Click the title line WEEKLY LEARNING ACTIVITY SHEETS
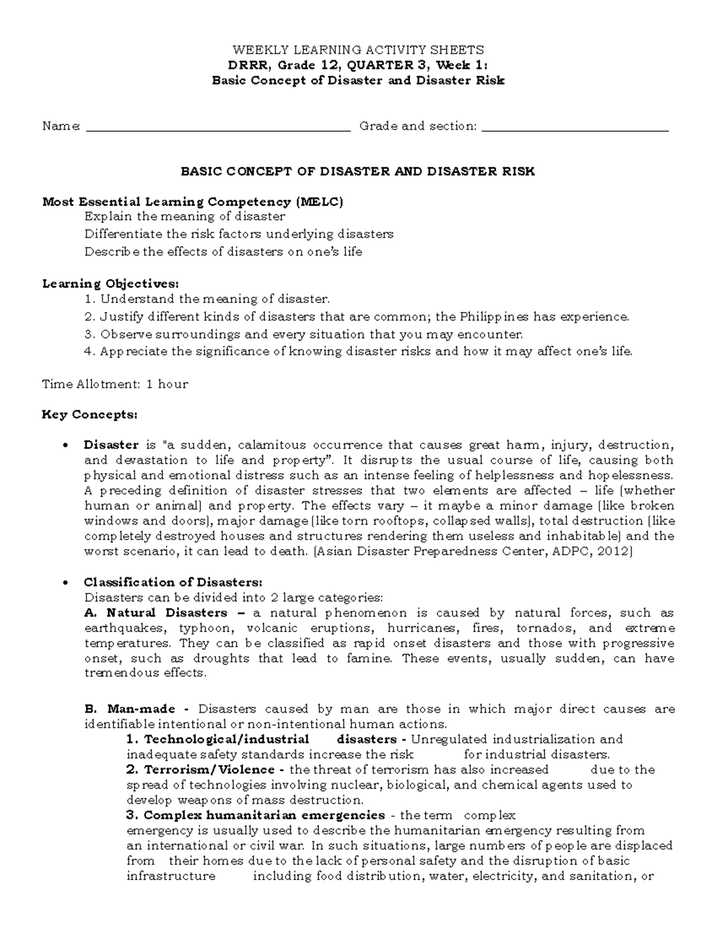coord(358,50)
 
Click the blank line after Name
coord(218,127)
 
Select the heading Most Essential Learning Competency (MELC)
coord(192,202)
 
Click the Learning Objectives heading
coord(110,283)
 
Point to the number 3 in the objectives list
coord(88,335)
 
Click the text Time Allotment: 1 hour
coord(115,384)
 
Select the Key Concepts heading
coord(90,415)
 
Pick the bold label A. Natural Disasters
coord(156,613)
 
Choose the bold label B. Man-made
coord(130,709)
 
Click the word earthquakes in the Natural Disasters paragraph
coord(122,629)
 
